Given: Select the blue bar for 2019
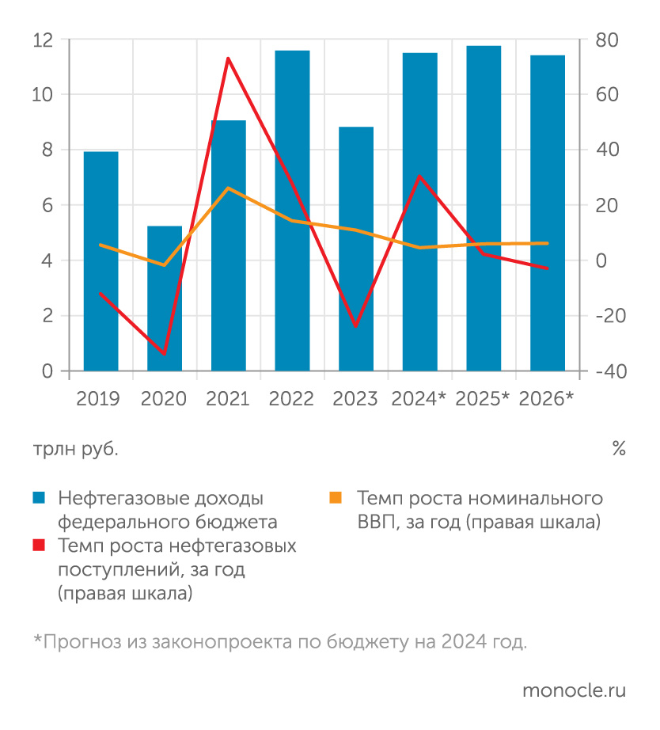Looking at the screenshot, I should tap(101, 261).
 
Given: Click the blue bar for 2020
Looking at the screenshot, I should tap(165, 298).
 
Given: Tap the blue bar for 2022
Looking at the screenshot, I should tap(292, 211).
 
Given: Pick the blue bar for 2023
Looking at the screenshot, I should tap(356, 249).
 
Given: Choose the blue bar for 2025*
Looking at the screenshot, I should tap(484, 208).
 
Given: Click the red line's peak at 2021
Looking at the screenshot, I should tap(228, 59).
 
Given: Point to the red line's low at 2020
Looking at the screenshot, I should tap(165, 353).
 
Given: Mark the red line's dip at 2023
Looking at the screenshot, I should tap(356, 325).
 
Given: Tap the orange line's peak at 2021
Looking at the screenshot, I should tap(228, 188).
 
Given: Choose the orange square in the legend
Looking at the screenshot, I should tap(336, 497).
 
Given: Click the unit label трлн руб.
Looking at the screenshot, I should tap(75, 449).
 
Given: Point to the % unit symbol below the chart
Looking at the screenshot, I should tap(618, 449).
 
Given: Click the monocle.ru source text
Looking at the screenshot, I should tap(574, 690).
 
